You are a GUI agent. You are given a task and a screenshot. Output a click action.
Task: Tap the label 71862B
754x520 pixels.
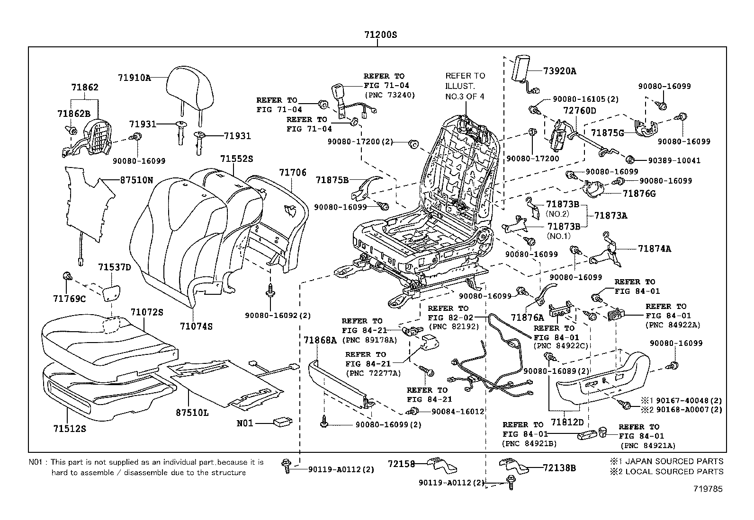pyautogui.click(x=73, y=114)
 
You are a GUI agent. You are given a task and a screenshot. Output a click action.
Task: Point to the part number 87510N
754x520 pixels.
pyautogui.click(x=136, y=180)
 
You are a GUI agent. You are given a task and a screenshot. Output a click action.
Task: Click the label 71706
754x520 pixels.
pyautogui.click(x=292, y=174)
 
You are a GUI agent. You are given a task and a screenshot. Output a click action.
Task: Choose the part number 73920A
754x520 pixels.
pyautogui.click(x=559, y=71)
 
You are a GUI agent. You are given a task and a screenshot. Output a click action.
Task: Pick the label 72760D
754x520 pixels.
pyautogui.click(x=579, y=111)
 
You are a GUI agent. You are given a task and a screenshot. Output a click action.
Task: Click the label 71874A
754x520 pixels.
pyautogui.click(x=654, y=248)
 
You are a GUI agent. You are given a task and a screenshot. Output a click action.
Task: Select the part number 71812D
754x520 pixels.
pyautogui.click(x=567, y=422)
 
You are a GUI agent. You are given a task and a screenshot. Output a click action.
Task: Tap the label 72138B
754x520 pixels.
pyautogui.click(x=559, y=468)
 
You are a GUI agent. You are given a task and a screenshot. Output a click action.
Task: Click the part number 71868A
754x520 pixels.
pyautogui.click(x=320, y=340)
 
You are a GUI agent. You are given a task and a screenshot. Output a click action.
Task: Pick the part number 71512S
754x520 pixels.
pyautogui.click(x=69, y=429)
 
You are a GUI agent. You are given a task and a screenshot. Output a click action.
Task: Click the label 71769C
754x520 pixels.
pyautogui.click(x=69, y=299)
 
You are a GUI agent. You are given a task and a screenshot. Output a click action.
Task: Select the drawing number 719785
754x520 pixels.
pyautogui.click(x=709, y=489)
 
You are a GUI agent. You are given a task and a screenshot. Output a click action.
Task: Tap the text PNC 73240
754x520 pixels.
pyautogui.click(x=389, y=95)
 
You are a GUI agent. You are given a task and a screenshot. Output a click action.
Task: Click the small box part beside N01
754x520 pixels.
pyautogui.click(x=283, y=422)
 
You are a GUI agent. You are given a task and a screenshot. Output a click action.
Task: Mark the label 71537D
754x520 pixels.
pyautogui.click(x=114, y=268)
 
